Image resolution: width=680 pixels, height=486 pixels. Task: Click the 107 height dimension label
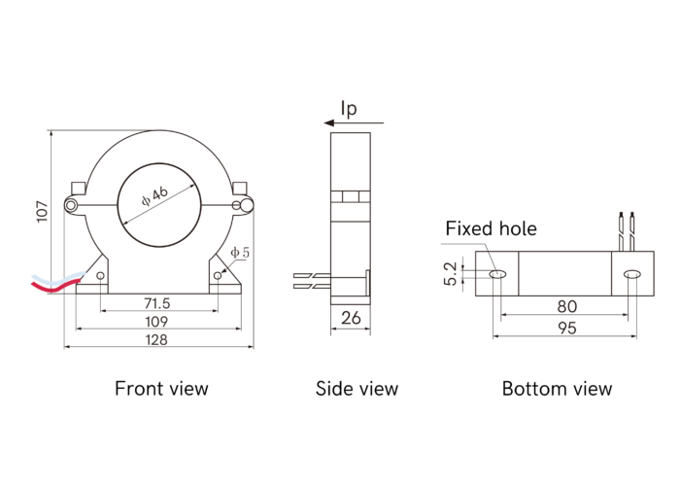click(42, 211)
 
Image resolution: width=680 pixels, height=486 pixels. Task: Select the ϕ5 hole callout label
click(240, 253)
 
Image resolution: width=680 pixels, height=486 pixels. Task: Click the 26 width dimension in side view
click(351, 317)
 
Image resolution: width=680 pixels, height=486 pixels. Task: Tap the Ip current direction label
click(349, 108)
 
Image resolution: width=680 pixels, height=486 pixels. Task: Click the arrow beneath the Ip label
click(354, 123)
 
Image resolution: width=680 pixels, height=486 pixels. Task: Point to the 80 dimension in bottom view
click(566, 306)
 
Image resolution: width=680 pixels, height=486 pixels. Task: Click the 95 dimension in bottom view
click(566, 329)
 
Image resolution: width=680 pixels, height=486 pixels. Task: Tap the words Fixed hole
click(491, 229)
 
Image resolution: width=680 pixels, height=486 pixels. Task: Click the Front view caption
click(161, 389)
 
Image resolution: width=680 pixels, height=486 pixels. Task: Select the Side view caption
click(357, 389)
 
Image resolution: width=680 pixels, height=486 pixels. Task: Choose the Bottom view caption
click(557, 389)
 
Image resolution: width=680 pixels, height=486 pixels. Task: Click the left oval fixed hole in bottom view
click(498, 275)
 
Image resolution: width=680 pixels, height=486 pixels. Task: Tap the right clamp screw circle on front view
click(242, 205)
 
